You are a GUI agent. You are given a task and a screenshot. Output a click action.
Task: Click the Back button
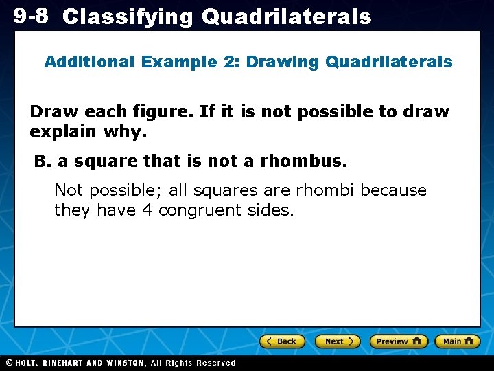point(282,341)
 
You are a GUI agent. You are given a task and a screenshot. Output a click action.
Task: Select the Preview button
point(399,341)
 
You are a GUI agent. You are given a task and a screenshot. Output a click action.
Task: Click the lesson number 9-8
point(30,16)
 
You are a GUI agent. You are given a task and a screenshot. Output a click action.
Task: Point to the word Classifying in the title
point(128,17)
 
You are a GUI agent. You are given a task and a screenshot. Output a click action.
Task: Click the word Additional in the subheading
point(89,62)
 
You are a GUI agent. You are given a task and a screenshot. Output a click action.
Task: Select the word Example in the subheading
point(180,62)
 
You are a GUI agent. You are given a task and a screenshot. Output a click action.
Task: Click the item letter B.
point(43,161)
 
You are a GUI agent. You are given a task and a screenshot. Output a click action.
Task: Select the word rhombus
point(313,161)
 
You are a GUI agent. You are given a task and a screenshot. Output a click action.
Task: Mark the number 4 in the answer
point(147,210)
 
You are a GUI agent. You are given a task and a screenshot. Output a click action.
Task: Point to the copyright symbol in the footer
point(8,363)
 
